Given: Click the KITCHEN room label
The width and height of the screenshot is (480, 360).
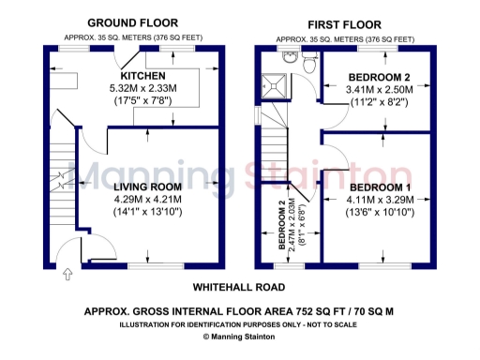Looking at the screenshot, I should pos(142,75).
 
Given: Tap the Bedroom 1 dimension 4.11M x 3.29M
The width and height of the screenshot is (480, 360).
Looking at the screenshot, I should pos(367,200).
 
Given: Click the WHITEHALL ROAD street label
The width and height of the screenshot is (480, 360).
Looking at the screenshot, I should pos(239,287).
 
